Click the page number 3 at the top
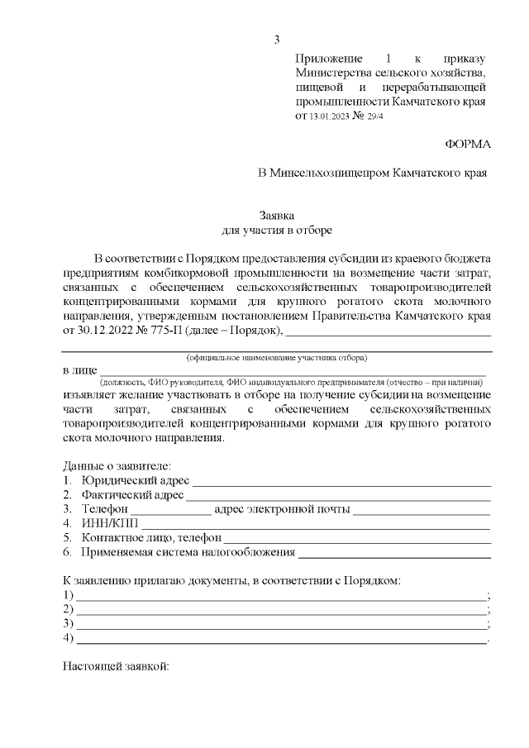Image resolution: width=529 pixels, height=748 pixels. [x=278, y=39]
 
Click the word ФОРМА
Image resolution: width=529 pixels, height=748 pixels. [x=468, y=144]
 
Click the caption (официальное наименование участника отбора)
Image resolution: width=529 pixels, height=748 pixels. [x=277, y=357]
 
